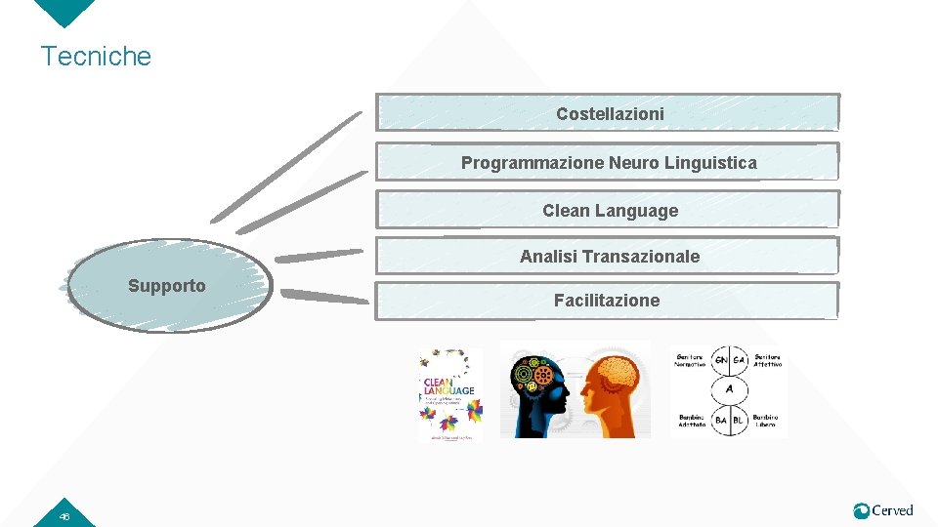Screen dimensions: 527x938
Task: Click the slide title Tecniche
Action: point(96,56)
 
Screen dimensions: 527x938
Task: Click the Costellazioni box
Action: point(608,113)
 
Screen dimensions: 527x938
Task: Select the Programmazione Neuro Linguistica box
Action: point(608,163)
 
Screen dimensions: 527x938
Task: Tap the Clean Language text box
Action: point(608,210)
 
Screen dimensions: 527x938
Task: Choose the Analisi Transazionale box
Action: point(608,257)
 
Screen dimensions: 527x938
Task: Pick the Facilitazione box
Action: point(608,301)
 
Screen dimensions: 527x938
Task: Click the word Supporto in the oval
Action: point(167,286)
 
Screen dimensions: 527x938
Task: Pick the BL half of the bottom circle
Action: point(739,420)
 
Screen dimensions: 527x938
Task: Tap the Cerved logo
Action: point(882,510)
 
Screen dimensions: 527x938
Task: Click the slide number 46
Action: point(64,516)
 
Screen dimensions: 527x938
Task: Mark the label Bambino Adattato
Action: point(693,421)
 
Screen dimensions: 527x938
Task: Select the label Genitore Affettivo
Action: point(767,361)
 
